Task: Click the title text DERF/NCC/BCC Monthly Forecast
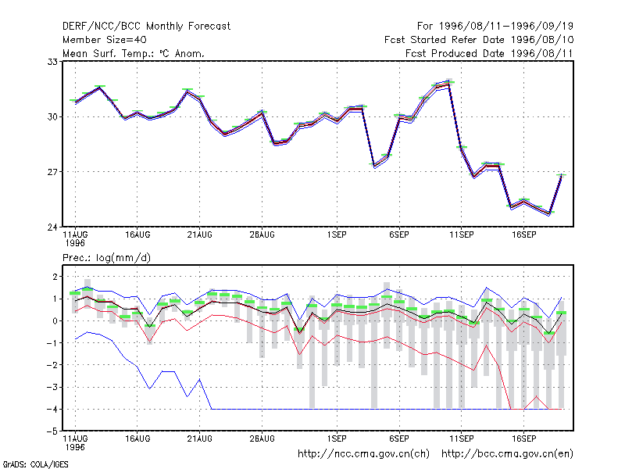146,27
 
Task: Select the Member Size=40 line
105,40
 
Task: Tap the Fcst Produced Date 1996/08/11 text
489,53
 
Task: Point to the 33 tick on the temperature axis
52,62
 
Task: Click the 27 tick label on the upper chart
52,172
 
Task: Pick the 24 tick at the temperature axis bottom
52,227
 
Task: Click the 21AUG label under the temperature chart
200,235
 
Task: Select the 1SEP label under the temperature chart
337,235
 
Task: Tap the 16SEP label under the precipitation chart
523,439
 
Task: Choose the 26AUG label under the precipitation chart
262,439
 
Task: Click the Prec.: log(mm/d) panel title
106,258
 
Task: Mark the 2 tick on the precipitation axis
55,277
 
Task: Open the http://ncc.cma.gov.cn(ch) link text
363,454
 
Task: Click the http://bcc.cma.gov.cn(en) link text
507,454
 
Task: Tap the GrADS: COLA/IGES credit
35,464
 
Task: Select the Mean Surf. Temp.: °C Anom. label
134,53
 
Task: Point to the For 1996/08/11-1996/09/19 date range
495,27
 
